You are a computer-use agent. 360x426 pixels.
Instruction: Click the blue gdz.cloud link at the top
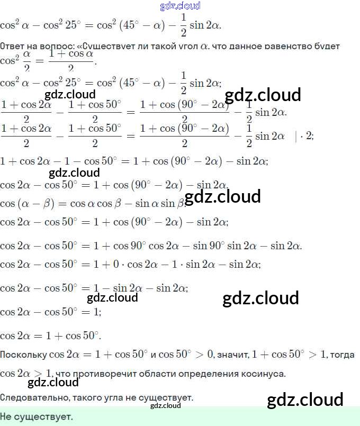[180, 6]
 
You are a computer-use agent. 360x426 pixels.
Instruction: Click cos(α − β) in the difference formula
[26, 204]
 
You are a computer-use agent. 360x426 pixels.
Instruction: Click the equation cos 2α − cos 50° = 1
[50, 312]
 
